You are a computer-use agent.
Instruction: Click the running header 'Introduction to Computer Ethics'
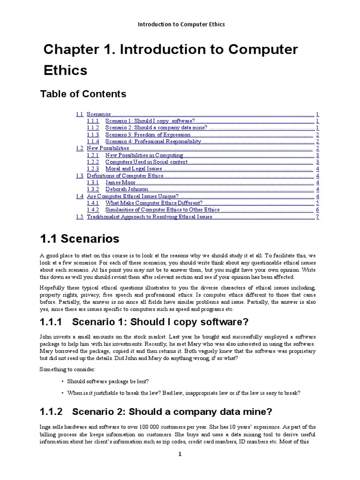(180, 24)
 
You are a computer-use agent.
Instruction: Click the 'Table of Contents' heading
(83, 94)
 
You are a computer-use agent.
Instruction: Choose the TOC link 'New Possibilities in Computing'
(144, 155)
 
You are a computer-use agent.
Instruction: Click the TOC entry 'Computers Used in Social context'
(146, 162)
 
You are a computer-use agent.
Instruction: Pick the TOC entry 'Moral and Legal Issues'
(134, 169)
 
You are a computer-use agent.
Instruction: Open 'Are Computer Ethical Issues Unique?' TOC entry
(133, 196)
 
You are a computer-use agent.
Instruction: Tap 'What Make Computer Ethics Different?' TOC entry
(154, 203)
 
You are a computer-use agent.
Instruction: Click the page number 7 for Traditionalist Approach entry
(317, 217)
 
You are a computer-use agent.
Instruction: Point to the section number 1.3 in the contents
(79, 176)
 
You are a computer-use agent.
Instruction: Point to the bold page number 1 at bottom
(180, 454)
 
